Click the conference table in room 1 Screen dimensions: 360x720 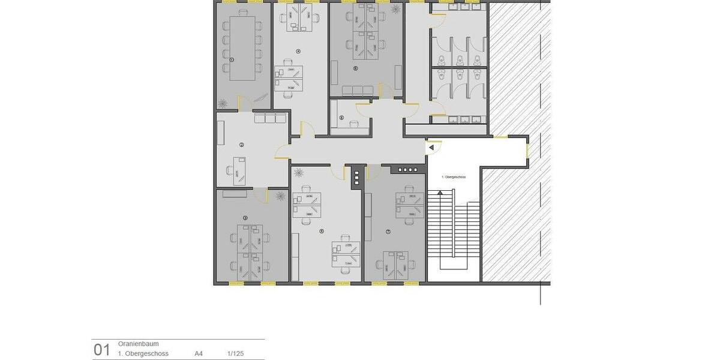click(243, 48)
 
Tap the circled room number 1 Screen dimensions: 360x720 click(232, 59)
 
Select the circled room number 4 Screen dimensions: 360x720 click(298, 51)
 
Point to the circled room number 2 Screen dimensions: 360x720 click(241, 145)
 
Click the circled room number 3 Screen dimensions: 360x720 click(245, 217)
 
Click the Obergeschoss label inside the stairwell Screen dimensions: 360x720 click(454, 178)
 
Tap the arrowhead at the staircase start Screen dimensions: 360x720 click(440, 193)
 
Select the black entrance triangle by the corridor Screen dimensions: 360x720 click(431, 146)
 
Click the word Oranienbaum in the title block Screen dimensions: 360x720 click(139, 344)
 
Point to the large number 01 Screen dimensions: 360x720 click(102, 350)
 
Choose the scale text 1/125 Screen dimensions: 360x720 click(235, 353)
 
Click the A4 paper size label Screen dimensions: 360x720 click(199, 353)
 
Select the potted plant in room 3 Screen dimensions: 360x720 click(280, 195)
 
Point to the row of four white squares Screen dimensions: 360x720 click(408, 170)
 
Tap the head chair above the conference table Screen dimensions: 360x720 click(243, 12)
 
